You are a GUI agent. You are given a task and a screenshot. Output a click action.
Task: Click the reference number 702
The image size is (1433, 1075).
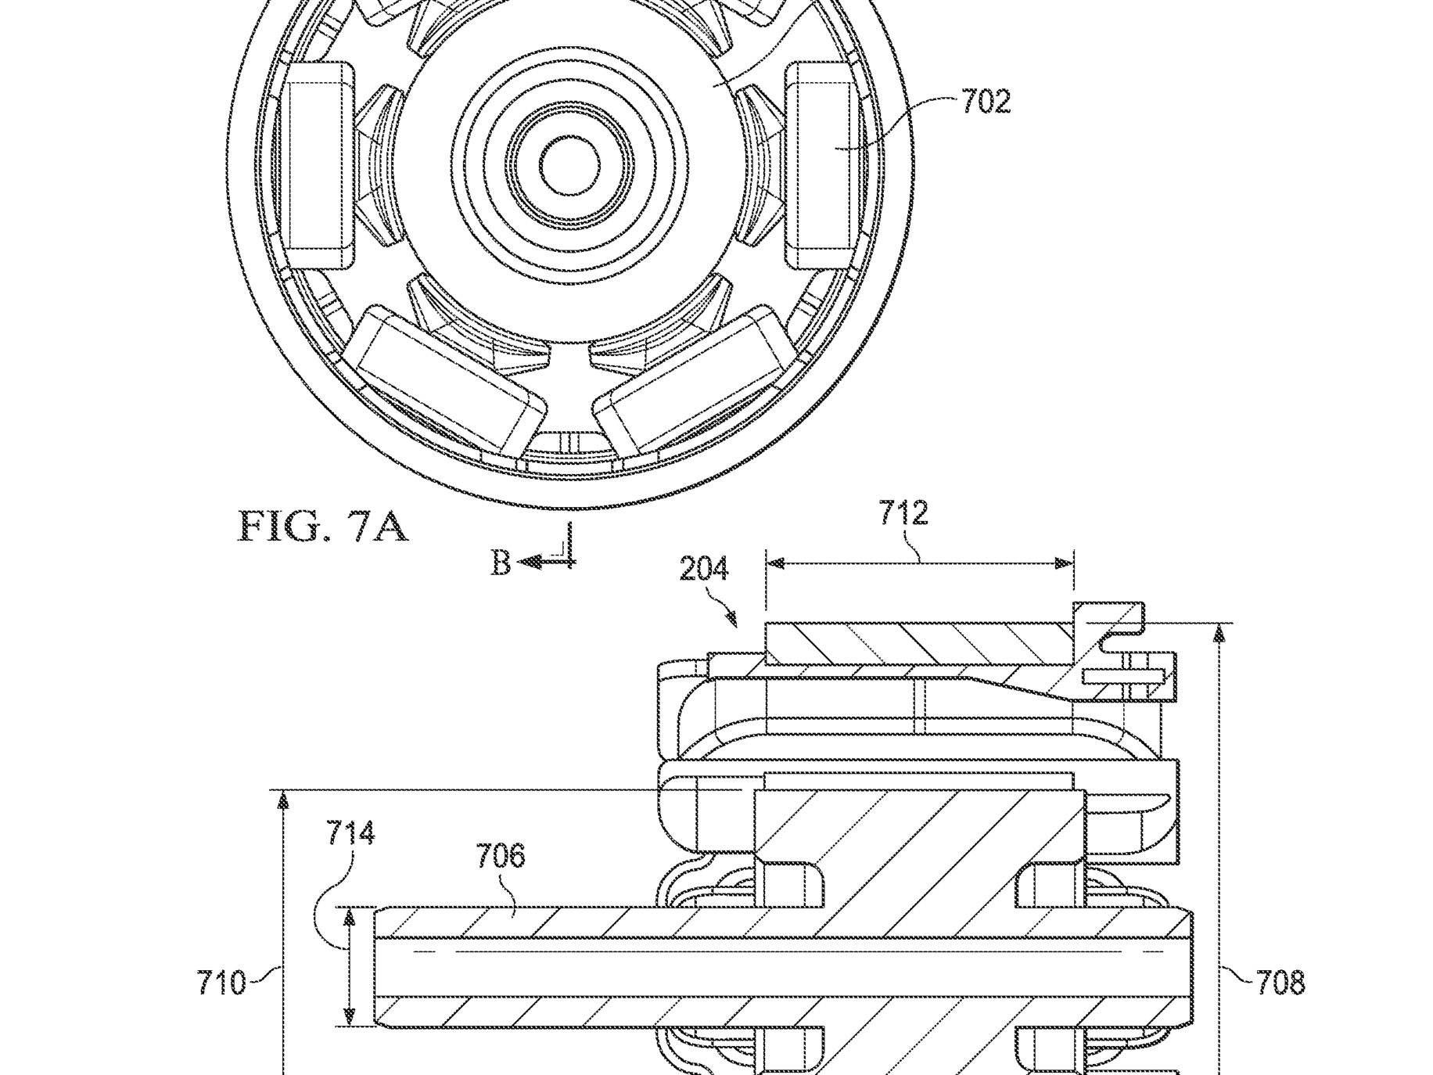click(986, 102)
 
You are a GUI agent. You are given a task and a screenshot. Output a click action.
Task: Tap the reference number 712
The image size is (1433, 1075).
click(903, 513)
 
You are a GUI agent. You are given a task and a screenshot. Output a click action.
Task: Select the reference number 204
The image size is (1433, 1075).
click(704, 568)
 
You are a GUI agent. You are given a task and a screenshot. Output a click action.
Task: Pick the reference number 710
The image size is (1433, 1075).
click(221, 983)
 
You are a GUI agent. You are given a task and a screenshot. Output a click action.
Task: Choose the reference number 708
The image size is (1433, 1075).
click(1280, 983)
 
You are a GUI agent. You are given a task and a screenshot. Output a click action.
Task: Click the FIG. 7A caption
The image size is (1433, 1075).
click(323, 527)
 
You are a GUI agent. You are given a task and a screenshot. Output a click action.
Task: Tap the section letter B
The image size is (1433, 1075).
click(501, 563)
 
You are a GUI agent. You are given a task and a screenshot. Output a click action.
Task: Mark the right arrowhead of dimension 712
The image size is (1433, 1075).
click(1064, 563)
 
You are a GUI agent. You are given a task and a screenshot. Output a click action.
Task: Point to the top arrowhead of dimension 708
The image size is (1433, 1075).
click(1218, 633)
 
